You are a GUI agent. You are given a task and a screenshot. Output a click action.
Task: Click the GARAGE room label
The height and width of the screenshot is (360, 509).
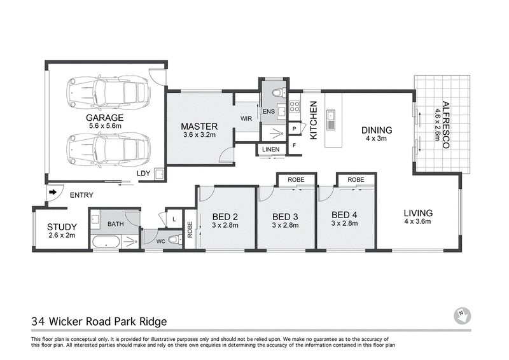pyautogui.click(x=104, y=117)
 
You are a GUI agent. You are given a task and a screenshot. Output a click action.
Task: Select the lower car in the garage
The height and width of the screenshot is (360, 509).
pyautogui.click(x=108, y=149)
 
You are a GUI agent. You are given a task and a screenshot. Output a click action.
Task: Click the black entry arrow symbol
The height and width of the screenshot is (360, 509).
pyautogui.click(x=52, y=192)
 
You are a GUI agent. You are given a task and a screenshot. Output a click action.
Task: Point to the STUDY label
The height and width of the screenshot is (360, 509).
pyautogui.click(x=62, y=226)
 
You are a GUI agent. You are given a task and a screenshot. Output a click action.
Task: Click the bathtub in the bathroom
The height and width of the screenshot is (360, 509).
pyautogui.click(x=106, y=242)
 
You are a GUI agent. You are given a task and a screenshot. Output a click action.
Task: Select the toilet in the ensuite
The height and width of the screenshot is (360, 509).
pyautogui.click(x=279, y=93)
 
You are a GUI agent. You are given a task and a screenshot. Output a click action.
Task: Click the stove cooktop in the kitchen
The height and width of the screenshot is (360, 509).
pyautogui.click(x=295, y=106)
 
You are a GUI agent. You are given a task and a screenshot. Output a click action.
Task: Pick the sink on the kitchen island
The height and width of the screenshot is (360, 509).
pyautogui.click(x=331, y=120)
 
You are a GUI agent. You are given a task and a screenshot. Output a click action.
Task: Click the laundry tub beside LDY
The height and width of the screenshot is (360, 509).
pyautogui.click(x=160, y=174)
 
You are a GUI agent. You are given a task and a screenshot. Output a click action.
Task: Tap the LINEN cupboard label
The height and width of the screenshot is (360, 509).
pyautogui.click(x=271, y=149)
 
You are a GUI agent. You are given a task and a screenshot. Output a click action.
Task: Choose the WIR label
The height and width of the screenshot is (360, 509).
pyautogui.click(x=246, y=118)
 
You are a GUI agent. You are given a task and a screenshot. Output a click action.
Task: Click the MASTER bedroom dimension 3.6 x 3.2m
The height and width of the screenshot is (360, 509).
pyautogui.click(x=199, y=135)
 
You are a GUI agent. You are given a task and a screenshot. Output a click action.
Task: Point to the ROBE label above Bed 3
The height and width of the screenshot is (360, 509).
pyautogui.click(x=296, y=179)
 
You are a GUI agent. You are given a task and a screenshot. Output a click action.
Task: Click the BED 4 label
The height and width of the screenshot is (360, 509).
pyautogui.click(x=344, y=215)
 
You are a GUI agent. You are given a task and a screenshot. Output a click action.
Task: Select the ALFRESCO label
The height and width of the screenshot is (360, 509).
pyautogui.click(x=446, y=125)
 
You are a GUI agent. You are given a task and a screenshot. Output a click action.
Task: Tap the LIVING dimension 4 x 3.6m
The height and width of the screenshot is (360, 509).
pyautogui.click(x=417, y=222)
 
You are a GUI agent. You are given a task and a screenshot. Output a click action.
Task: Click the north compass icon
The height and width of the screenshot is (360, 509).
pyautogui.click(x=462, y=315)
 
